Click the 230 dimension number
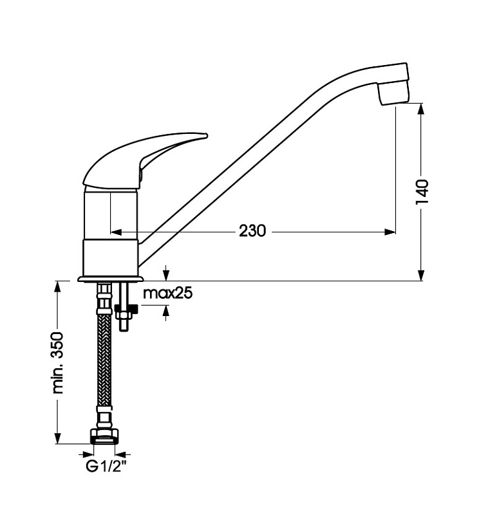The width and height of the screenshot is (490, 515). point(252,231)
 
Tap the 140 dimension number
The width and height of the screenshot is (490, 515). point(422,192)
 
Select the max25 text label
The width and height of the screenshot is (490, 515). point(168,293)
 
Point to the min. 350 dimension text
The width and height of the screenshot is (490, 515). point(57,362)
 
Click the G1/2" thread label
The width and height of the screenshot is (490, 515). point(106,466)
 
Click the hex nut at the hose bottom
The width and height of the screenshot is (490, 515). point(105,436)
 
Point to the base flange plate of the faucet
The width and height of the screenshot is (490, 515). point(111,279)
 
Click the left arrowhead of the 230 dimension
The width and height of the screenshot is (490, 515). point(117,232)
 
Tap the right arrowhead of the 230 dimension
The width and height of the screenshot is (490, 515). point(390,232)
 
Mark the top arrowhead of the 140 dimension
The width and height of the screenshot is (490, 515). point(421,109)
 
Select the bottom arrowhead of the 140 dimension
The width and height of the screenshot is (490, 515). point(421,276)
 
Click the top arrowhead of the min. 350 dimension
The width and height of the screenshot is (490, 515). point(58,286)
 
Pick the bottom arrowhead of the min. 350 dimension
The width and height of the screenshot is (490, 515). point(58,438)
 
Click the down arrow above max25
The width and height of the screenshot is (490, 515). point(166,273)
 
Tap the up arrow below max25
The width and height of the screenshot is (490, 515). point(166,313)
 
